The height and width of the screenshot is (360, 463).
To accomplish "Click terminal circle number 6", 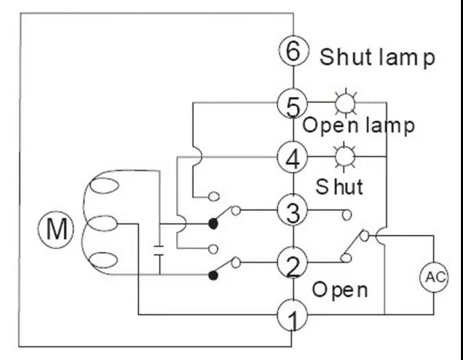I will tap(292, 51).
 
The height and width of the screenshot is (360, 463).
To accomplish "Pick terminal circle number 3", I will tap(292, 211).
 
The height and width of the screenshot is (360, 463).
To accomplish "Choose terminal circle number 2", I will tap(292, 263).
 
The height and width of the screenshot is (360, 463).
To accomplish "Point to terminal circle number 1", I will tap(292, 316).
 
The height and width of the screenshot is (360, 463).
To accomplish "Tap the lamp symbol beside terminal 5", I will tap(342, 104).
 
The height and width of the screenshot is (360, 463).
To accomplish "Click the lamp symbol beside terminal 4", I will tap(342, 157).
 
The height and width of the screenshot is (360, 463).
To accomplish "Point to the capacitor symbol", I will tap(160, 248).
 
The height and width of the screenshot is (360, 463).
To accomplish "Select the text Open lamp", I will tap(358, 126).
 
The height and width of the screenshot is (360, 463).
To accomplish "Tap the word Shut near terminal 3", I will tap(339, 186).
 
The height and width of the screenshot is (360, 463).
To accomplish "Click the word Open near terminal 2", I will tap(340, 290).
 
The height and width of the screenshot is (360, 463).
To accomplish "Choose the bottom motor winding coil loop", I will tap(104, 259).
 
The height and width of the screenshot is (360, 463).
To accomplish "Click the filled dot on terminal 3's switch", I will tap(213, 223).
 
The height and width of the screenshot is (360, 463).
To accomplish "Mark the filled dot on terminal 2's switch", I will tap(213, 275).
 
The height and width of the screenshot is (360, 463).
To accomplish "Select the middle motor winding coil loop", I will tap(104, 224).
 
